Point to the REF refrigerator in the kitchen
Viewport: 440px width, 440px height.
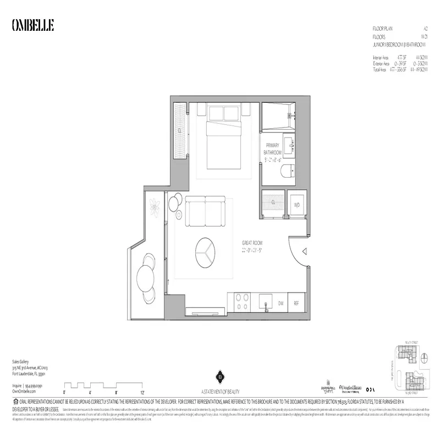296,303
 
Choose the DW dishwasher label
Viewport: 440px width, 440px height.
280,303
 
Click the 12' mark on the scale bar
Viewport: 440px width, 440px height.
142,393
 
